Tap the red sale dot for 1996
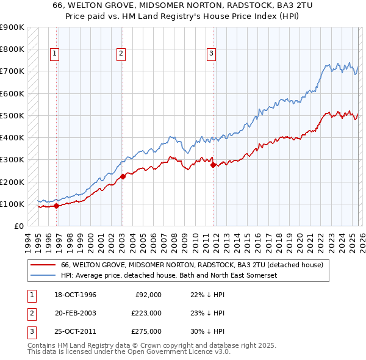[x=56, y=206]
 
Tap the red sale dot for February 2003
[x=123, y=177]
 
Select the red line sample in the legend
[x=43, y=265]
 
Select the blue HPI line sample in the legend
[x=43, y=276]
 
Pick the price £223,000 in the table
[x=146, y=313]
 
